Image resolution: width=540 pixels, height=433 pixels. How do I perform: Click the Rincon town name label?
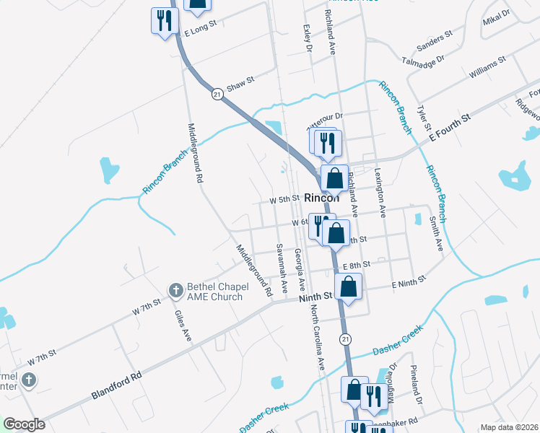322,198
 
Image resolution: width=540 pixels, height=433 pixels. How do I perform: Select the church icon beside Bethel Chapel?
175,291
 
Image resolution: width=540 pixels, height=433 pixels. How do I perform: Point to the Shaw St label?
241,84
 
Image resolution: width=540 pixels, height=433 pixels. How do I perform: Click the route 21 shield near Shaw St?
217,94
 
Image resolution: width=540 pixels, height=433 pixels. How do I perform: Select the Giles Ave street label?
183,325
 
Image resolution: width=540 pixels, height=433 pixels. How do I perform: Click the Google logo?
24,424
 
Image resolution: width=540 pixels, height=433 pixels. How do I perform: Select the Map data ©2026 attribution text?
508,427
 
